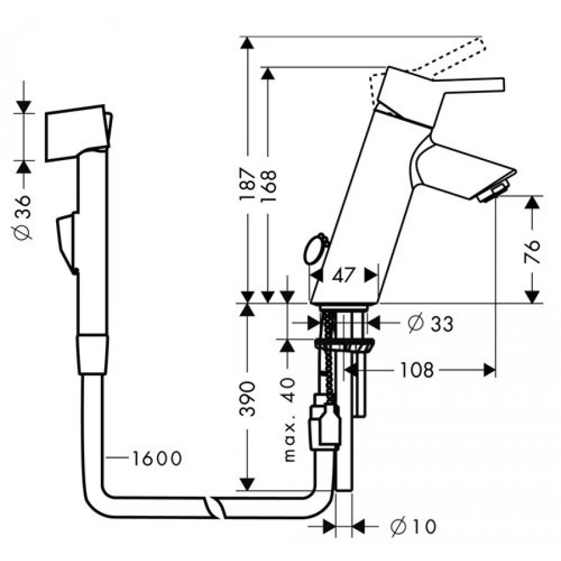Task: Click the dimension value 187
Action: [x=247, y=184]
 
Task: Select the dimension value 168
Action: [x=268, y=186]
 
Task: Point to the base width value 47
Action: [x=343, y=275]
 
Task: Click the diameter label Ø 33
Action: [x=431, y=323]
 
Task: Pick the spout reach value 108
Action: [x=416, y=370]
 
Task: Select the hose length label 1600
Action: [x=157, y=458]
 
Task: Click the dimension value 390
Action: [x=247, y=398]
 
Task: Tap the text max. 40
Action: [x=289, y=420]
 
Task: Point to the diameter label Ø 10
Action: [x=414, y=526]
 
